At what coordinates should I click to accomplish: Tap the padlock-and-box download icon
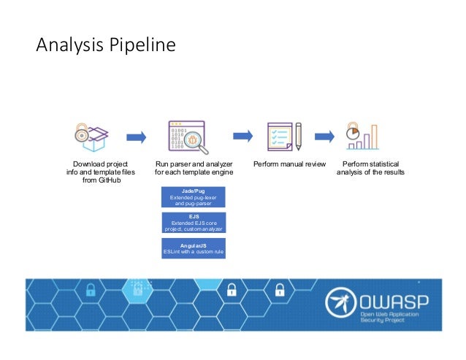pyautogui.click(x=91, y=136)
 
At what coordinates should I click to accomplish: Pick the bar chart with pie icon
pyautogui.click(x=363, y=136)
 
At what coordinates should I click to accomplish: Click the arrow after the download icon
pyautogui.click(x=136, y=137)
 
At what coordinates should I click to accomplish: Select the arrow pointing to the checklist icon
pyautogui.click(x=242, y=136)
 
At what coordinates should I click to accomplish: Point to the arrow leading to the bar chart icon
pyautogui.click(x=326, y=136)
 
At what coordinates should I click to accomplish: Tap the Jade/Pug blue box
pyautogui.click(x=194, y=197)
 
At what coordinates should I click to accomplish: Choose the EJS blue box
pyautogui.click(x=194, y=223)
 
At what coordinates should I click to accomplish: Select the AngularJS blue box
pyautogui.click(x=194, y=248)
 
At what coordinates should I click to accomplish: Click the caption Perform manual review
pyautogui.click(x=289, y=164)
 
